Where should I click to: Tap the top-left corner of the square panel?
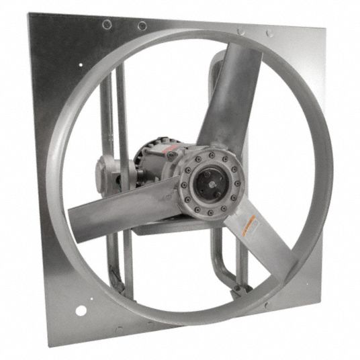pos(28,13)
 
